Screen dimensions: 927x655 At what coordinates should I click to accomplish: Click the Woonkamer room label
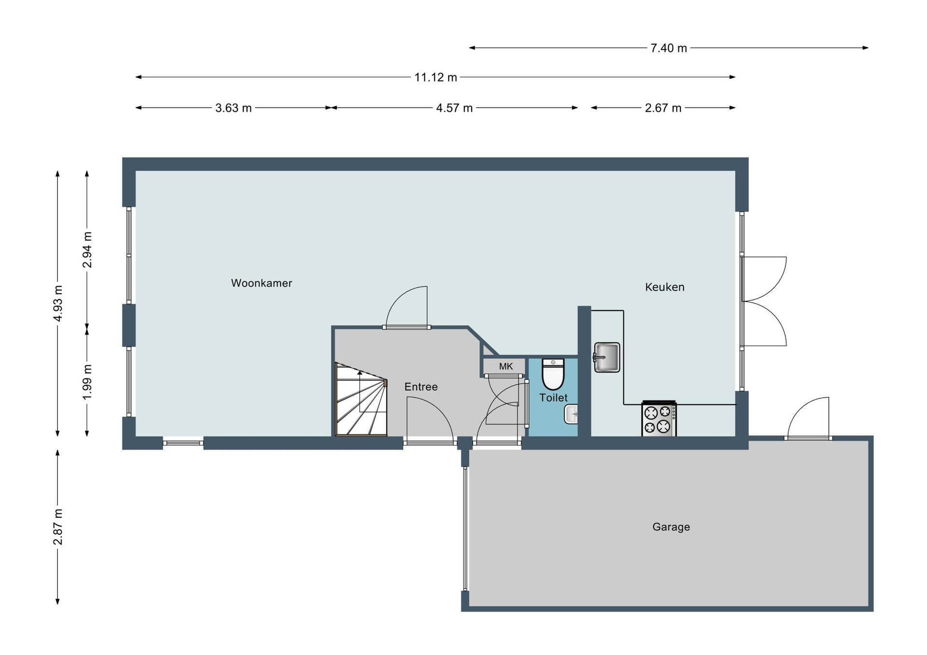(x=261, y=283)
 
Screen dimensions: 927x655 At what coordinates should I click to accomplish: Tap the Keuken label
(x=665, y=287)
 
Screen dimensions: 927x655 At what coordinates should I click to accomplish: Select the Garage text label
(x=671, y=527)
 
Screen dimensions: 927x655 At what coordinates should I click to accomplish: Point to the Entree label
(x=421, y=387)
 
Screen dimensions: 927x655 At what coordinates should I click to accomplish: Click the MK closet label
(x=506, y=366)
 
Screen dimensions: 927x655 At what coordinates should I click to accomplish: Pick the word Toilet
(x=553, y=398)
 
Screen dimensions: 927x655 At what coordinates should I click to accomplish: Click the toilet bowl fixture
(x=553, y=374)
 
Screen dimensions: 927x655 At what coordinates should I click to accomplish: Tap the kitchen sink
(x=606, y=357)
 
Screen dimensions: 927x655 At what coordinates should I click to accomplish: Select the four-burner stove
(x=659, y=419)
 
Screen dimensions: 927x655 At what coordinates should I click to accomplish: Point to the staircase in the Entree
(x=361, y=400)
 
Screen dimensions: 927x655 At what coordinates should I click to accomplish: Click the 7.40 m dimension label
(x=669, y=48)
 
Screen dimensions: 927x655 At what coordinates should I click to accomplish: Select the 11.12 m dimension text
(x=435, y=77)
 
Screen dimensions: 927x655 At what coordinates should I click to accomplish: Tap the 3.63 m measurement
(x=234, y=108)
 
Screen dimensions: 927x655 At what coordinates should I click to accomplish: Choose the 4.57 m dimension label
(x=454, y=108)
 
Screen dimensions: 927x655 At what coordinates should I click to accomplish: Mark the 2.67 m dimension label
(x=663, y=108)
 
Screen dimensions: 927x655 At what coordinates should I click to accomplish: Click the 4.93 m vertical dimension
(x=58, y=304)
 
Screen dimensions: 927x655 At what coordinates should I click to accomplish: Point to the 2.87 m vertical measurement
(x=58, y=527)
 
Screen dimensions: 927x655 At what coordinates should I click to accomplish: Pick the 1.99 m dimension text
(x=87, y=382)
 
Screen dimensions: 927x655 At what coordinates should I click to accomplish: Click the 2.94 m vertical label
(x=87, y=250)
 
